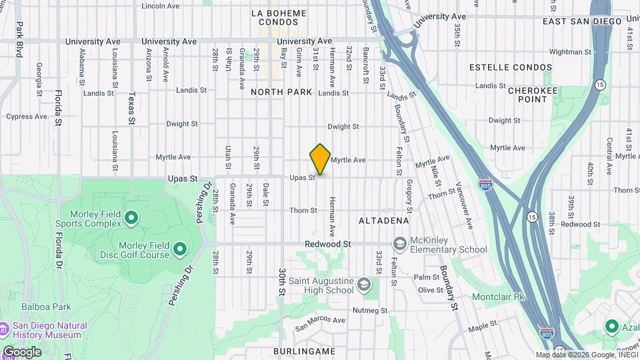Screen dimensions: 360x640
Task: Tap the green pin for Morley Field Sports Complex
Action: click(x=131, y=217)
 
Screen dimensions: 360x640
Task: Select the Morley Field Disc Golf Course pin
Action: click(x=179, y=250)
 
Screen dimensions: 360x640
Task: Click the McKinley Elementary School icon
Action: click(x=400, y=245)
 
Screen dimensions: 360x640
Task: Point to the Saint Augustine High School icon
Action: click(x=364, y=285)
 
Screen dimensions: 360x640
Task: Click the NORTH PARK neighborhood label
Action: click(x=281, y=92)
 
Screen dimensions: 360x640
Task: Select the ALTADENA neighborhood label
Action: click(x=383, y=220)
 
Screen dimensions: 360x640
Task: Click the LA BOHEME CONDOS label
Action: click(x=279, y=17)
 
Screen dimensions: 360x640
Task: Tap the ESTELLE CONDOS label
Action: click(x=511, y=67)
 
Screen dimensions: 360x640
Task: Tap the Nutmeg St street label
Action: click(x=370, y=311)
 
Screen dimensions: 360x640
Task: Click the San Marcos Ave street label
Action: click(x=321, y=321)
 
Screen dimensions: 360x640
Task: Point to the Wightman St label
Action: click(x=566, y=51)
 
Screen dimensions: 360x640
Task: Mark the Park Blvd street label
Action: click(x=19, y=39)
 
